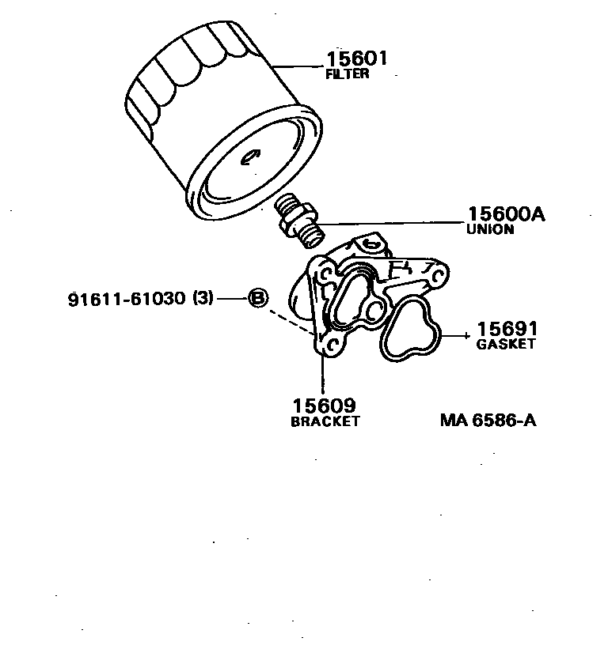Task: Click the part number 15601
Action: coord(358,59)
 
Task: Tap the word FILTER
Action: coord(348,74)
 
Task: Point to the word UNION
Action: coord(490,229)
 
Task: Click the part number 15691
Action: coord(507,328)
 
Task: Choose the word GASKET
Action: coord(506,344)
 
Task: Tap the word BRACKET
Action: coord(325,421)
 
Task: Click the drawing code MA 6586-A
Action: coord(488,420)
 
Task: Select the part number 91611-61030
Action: coord(126,299)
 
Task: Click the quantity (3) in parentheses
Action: coord(202,299)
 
